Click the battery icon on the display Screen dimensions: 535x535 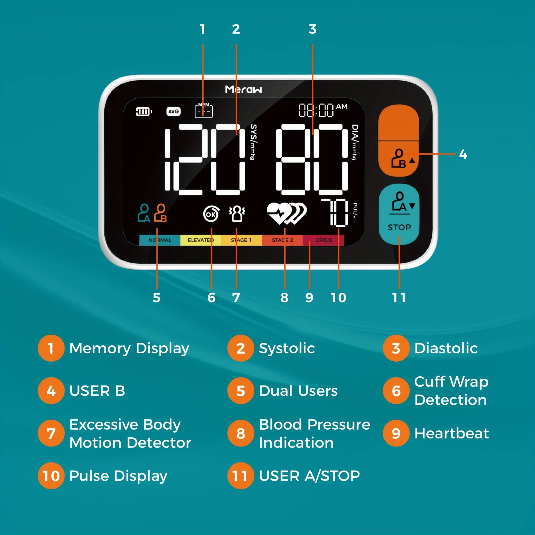143,112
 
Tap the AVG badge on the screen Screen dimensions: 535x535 173,112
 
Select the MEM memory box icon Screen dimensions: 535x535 204,111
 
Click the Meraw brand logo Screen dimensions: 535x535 243,89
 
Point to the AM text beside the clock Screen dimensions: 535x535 341,107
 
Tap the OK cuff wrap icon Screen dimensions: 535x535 211,214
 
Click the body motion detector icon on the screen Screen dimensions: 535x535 237,214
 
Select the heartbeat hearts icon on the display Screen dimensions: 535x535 286,213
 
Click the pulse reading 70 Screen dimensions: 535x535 335,212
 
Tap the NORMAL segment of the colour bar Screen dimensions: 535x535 160,240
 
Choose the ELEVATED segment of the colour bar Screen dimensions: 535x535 200,240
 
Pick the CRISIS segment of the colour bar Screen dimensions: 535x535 323,240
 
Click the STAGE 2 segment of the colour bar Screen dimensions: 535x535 282,240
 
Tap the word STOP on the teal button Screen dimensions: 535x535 399,227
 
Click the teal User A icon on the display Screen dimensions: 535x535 144,213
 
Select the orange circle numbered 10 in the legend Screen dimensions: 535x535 51,476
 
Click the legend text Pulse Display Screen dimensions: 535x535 118,476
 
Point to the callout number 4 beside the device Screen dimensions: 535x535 463,154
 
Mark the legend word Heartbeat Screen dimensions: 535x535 451,433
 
